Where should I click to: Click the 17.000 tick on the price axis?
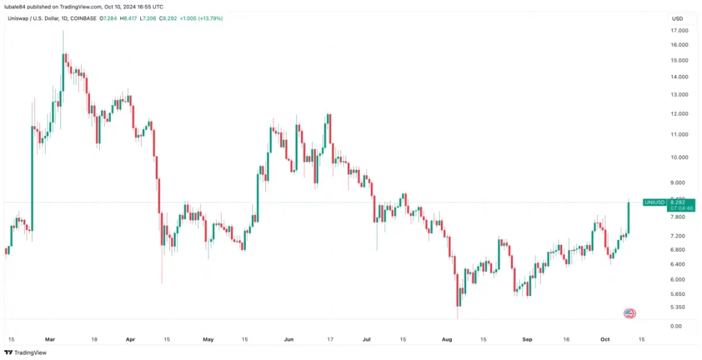pyautogui.click(x=679, y=30)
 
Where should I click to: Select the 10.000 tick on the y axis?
pyautogui.click(x=679, y=157)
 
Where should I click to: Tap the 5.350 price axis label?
pyautogui.click(x=679, y=307)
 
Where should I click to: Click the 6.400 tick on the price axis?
pyautogui.click(x=679, y=264)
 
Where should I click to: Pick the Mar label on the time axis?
pyautogui.click(x=50, y=339)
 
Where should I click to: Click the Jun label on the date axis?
pyautogui.click(x=289, y=339)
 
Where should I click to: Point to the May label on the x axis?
pyautogui.click(x=208, y=339)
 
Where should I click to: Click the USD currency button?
pyautogui.click(x=677, y=18)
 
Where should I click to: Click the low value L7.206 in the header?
pyautogui.click(x=148, y=18)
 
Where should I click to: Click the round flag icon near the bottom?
pyautogui.click(x=629, y=313)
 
